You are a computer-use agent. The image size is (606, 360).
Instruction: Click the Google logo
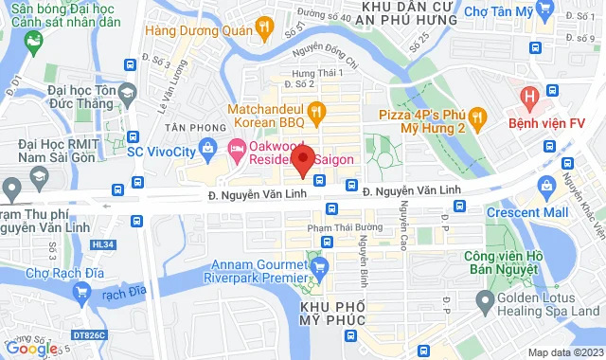point(32,348)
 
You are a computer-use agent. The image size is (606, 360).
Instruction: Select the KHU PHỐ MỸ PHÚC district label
point(332,317)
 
